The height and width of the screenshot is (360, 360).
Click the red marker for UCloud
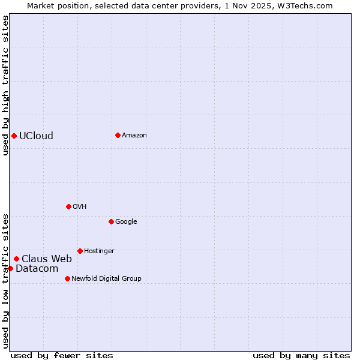coord(14,136)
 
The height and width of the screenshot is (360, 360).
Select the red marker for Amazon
coord(118,135)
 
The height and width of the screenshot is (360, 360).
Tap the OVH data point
coord(68,206)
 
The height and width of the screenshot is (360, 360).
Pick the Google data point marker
coord(111,221)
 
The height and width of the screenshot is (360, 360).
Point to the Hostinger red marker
coord(80,251)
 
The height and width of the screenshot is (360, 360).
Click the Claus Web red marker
coord(16,259)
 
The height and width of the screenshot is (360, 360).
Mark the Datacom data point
coord(10,268)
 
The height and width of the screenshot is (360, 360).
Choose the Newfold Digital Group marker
coord(67,278)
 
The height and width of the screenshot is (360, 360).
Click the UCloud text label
coord(36,136)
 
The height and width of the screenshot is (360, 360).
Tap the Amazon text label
coord(134,135)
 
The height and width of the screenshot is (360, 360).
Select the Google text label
coord(126,221)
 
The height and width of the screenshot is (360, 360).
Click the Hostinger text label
coord(99,251)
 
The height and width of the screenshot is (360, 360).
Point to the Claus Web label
coord(47,259)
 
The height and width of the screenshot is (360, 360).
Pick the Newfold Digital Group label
coord(106,278)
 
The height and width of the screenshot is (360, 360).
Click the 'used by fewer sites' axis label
coord(62,355)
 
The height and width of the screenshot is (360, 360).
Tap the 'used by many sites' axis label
coord(301,355)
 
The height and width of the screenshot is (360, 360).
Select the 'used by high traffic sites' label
coord(5,85)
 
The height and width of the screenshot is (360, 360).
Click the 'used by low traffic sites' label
coord(5,280)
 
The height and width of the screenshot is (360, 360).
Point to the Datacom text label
coord(37,268)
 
